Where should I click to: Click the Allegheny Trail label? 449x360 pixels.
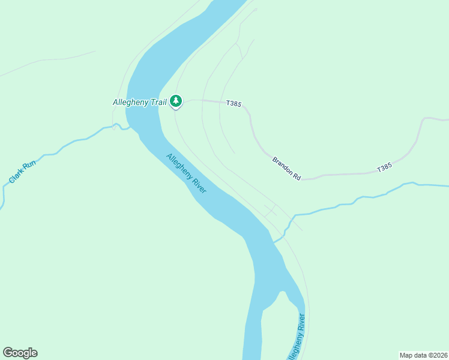coord(139,103)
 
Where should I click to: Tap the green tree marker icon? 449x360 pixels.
coord(176,101)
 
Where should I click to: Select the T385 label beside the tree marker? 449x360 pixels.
coord(234,104)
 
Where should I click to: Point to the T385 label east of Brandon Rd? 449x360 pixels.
coord(384,169)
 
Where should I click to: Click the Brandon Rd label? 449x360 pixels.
coord(286,169)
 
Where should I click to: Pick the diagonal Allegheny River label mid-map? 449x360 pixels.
coord(187,174)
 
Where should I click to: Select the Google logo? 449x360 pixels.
coord(20,353)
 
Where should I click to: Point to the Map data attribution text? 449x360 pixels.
coord(423,355)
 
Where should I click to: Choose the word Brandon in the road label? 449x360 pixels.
coord(282,165)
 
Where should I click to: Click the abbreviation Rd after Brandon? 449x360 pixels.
coord(297,176)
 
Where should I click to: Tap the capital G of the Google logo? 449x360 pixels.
coord(8,352)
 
